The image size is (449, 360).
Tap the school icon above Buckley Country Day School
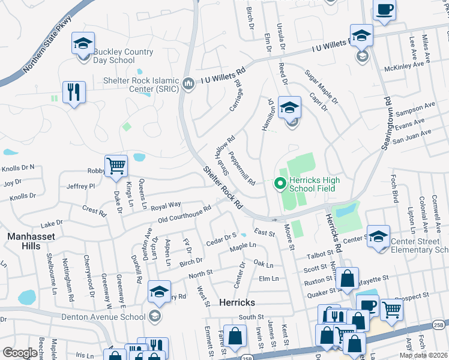(x=83, y=43)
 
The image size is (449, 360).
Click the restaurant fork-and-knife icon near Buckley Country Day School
(x=74, y=92)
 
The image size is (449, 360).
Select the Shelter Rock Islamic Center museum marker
(x=188, y=82)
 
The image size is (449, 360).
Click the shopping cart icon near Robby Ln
(x=116, y=165)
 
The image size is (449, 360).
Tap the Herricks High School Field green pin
(x=279, y=184)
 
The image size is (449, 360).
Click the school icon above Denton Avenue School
(x=159, y=292)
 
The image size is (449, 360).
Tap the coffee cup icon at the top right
(x=384, y=10)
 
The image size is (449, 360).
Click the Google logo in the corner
(x=19, y=353)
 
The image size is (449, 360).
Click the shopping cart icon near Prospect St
(x=391, y=310)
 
